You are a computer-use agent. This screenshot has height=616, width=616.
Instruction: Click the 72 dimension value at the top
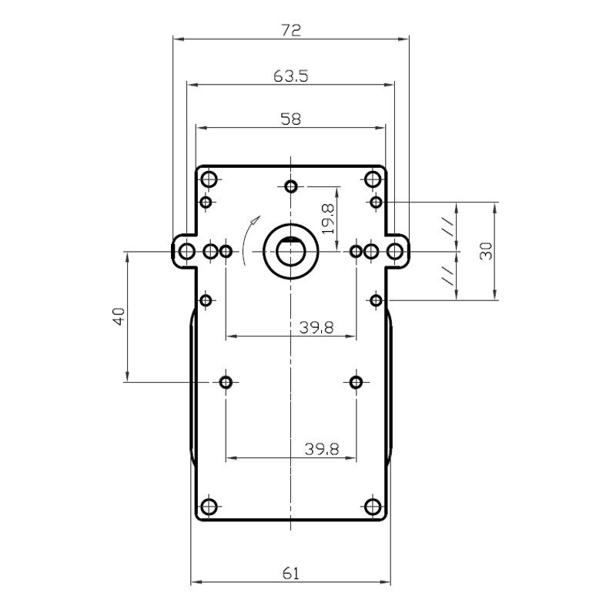[x=291, y=30]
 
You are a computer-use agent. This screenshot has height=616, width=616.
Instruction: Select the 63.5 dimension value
[x=291, y=75]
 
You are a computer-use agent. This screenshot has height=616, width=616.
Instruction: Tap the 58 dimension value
[x=291, y=119]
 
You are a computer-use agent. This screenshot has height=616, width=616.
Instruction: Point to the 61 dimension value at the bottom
[x=291, y=574]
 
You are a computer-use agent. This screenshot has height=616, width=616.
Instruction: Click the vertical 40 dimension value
[x=119, y=316]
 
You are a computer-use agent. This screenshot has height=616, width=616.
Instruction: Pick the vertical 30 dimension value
[x=486, y=251]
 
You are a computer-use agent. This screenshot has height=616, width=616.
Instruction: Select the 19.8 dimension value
[x=328, y=219]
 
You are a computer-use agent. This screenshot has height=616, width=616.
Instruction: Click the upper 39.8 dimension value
[x=316, y=326]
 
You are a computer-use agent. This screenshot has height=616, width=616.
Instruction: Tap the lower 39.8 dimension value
[x=322, y=449]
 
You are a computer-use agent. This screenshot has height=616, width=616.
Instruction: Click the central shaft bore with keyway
[x=291, y=252]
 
